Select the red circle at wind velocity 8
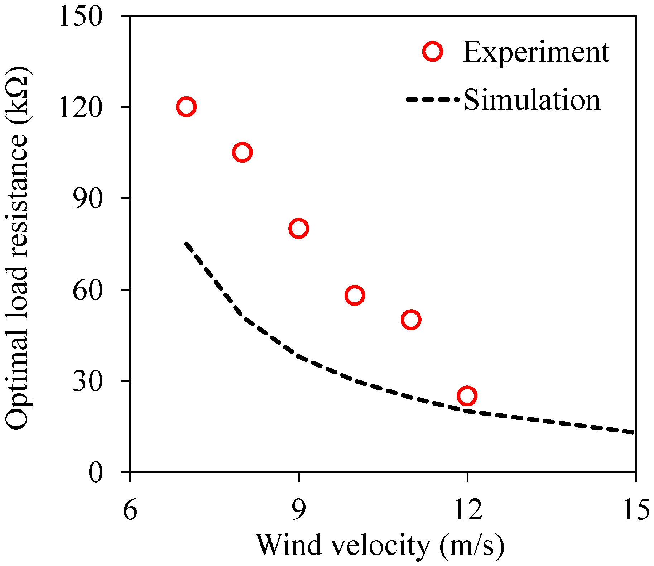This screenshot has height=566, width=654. pyautogui.click(x=242, y=152)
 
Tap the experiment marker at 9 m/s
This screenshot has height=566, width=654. pyautogui.click(x=299, y=228)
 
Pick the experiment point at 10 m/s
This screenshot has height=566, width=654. pyautogui.click(x=355, y=296)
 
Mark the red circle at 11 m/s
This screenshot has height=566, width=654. pyautogui.click(x=411, y=320)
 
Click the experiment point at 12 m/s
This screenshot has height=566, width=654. pyautogui.click(x=467, y=396)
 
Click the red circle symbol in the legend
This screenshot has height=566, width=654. pyautogui.click(x=433, y=52)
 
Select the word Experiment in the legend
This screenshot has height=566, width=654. pyautogui.click(x=536, y=52)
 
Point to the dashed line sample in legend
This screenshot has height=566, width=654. pyautogui.click(x=432, y=100)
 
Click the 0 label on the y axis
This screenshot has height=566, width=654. pyautogui.click(x=95, y=473)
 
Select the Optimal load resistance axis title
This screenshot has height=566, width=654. pyautogui.click(x=18, y=247)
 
